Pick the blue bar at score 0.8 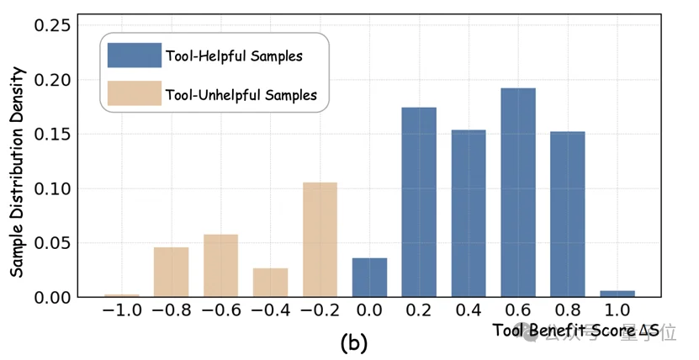pyautogui.click(x=568, y=214)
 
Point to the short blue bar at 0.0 pyautogui.click(x=369, y=277)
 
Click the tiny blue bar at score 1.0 pyautogui.click(x=617, y=293)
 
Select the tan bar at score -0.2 pyautogui.click(x=320, y=239)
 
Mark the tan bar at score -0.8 pyautogui.click(x=171, y=271)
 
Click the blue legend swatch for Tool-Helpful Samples pyautogui.click(x=135, y=56)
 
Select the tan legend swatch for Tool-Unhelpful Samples pyautogui.click(x=135, y=94)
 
